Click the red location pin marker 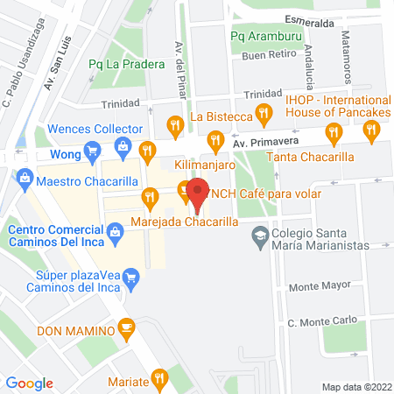[197, 194]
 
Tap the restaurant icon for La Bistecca [176, 123]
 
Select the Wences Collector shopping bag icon [123, 146]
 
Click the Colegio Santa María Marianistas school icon [259, 236]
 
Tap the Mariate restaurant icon [158, 379]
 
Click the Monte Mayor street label [313, 286]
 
